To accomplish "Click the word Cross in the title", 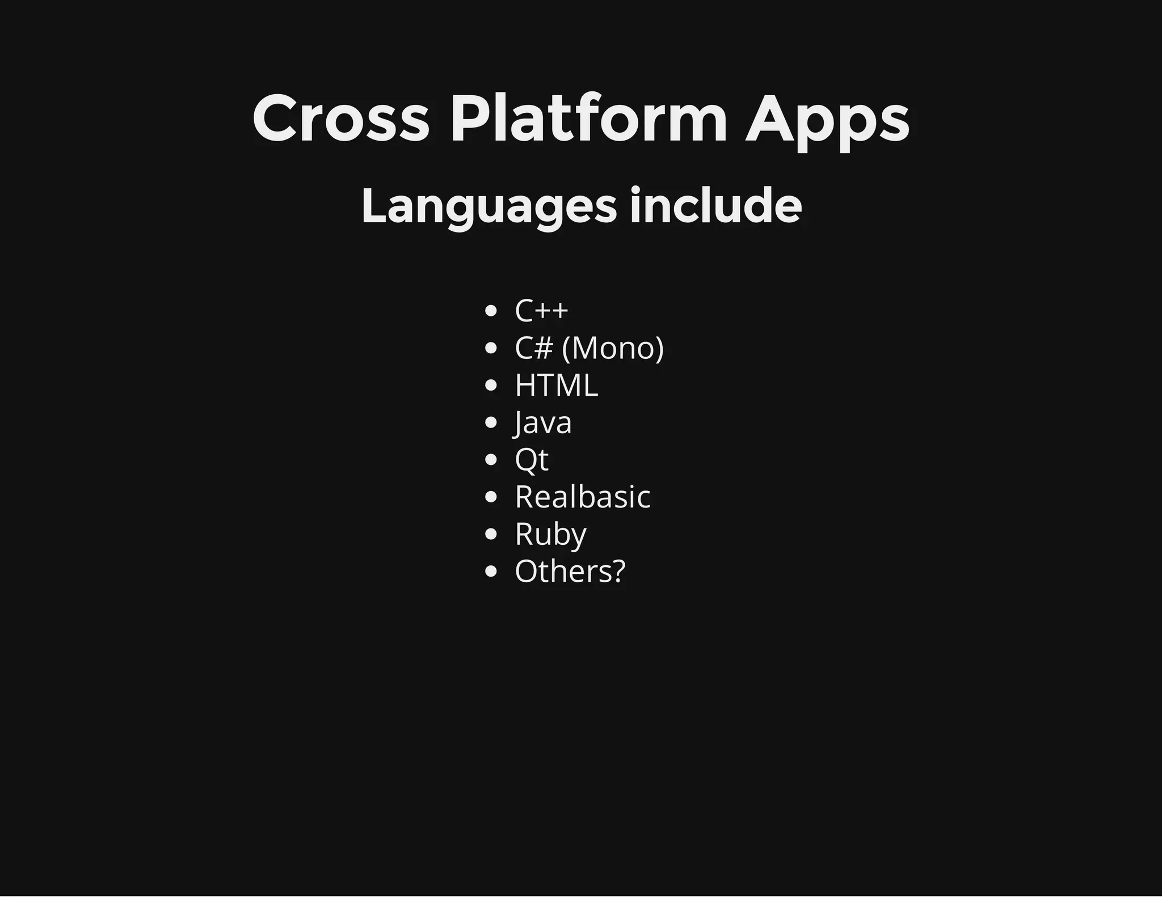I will (341, 119).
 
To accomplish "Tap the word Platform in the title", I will (588, 119).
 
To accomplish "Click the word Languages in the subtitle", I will (489, 206).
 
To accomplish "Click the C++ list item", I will (541, 311).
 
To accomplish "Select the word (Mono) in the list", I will (613, 348).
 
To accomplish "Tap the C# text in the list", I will (533, 348).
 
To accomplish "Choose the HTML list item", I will (556, 386).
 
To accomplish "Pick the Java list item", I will (543, 423).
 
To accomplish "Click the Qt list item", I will (532, 460).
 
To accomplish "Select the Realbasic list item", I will (583, 497).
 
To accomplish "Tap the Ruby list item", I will (550, 535).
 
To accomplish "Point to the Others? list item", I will (570, 572).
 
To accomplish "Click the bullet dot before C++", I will (491, 311).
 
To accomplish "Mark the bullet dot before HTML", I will (491, 386).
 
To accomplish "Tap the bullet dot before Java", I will (491, 422).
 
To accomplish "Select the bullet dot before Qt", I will (491, 460).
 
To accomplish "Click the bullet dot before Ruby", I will (491, 534).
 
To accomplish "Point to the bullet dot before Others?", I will (491, 572).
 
